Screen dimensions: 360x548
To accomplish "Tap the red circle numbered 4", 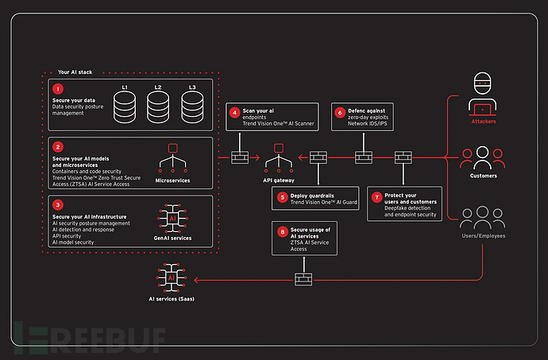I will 234,112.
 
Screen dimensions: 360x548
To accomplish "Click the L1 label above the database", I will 124,85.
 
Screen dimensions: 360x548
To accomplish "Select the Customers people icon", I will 483,156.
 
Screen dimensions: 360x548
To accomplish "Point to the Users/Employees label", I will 483,238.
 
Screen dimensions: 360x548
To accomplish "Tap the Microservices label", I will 172,180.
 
